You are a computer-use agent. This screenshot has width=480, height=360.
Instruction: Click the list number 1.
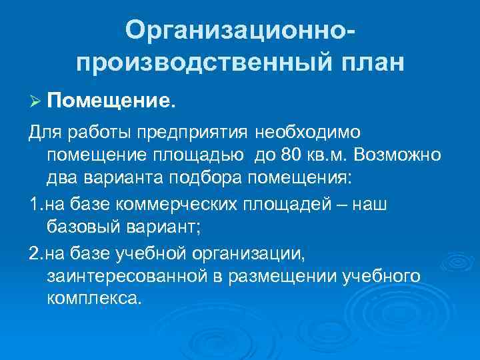pyautogui.click(x=35, y=204)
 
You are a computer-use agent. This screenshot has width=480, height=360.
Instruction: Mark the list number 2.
pyautogui.click(x=35, y=252)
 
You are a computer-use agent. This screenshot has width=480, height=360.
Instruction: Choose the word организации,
pyautogui.click(x=262, y=252)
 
